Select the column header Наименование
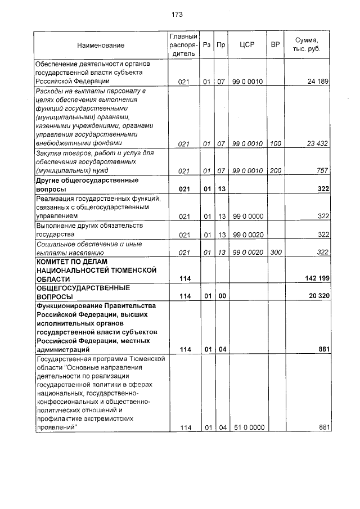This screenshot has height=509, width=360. click(x=101, y=45)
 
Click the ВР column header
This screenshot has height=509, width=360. click(x=275, y=45)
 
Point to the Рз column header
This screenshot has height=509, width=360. click(x=207, y=45)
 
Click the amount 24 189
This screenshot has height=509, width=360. click(x=318, y=82)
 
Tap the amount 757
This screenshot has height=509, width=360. click(x=322, y=170)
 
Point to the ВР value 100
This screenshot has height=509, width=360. click(x=275, y=144)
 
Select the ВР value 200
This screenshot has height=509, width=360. click(x=275, y=170)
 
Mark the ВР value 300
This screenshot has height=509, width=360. click(x=275, y=253)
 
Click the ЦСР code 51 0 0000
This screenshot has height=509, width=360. click(x=247, y=428)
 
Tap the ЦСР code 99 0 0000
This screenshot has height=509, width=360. click(x=247, y=217)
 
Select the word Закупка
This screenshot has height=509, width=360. click(x=48, y=153)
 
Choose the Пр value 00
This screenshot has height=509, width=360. click(x=222, y=296)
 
